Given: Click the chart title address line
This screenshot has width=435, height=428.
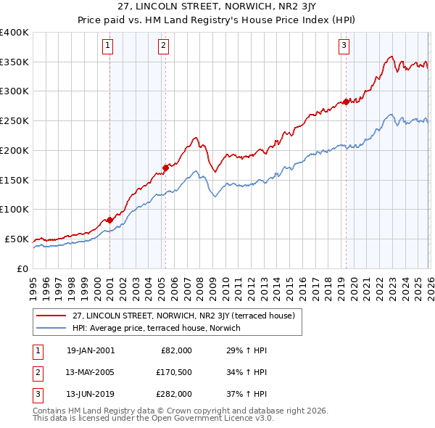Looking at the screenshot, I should tap(217, 7).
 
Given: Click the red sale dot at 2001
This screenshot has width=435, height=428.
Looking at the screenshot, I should tap(109, 220).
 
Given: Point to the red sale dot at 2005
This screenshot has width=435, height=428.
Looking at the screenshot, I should tap(165, 168).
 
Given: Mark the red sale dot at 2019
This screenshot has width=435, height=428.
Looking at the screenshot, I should tap(346, 102).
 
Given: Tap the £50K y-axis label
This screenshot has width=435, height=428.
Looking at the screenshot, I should tap(17, 239).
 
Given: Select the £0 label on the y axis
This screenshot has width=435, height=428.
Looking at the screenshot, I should tap(23, 268).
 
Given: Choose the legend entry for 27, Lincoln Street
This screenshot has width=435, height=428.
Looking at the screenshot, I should tap(183, 316).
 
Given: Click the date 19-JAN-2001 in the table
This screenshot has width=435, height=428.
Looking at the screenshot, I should tap(91, 350).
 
